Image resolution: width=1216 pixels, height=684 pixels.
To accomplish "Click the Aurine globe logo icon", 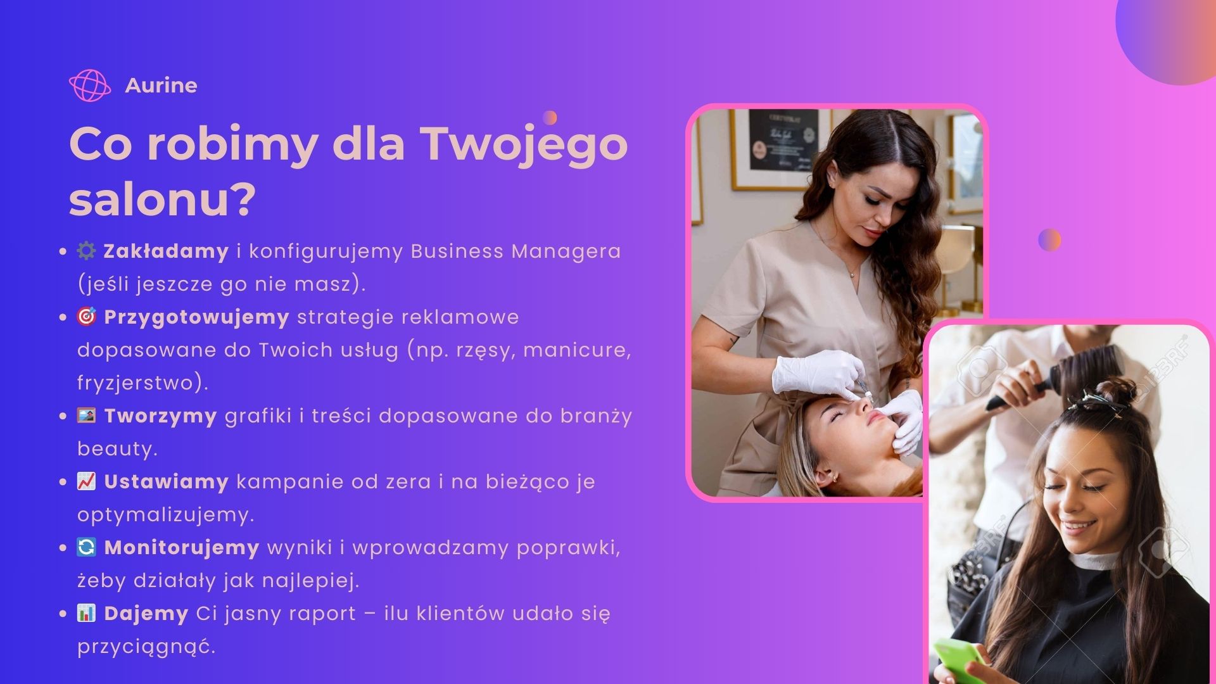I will [x=89, y=85].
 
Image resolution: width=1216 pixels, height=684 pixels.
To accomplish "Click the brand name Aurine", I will [x=161, y=85].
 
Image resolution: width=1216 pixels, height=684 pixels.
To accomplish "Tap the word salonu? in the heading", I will [x=162, y=199].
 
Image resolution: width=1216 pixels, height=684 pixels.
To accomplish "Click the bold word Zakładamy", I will [x=166, y=251].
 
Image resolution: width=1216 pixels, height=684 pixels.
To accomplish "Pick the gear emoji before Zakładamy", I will [x=86, y=251].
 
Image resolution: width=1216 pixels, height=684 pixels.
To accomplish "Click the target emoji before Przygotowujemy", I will [x=86, y=316].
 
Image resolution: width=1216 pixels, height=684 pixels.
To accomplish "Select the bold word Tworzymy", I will [x=160, y=416].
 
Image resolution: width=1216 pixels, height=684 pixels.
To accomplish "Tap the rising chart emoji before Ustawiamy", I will [x=86, y=481].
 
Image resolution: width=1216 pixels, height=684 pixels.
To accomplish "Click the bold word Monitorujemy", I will [x=182, y=548].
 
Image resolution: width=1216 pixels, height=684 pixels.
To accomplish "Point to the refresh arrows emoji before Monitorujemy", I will [x=86, y=547].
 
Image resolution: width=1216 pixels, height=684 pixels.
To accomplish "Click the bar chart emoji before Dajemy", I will [x=86, y=613].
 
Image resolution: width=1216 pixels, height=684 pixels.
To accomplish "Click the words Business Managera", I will [x=516, y=251].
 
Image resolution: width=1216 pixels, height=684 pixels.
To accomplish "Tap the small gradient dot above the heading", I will [x=550, y=118].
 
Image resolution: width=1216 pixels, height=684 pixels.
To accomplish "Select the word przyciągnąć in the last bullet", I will [x=146, y=647].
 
